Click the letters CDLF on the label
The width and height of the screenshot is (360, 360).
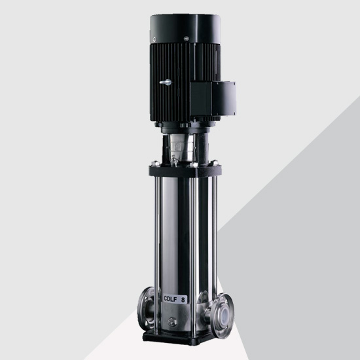171,298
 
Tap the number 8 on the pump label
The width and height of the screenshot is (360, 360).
183,300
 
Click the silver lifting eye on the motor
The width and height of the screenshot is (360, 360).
166,82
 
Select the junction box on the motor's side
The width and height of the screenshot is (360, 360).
212,99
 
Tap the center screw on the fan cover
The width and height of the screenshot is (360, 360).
186,39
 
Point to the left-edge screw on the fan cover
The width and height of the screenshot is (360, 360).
154,39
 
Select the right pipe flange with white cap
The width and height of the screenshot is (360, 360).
223,310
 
